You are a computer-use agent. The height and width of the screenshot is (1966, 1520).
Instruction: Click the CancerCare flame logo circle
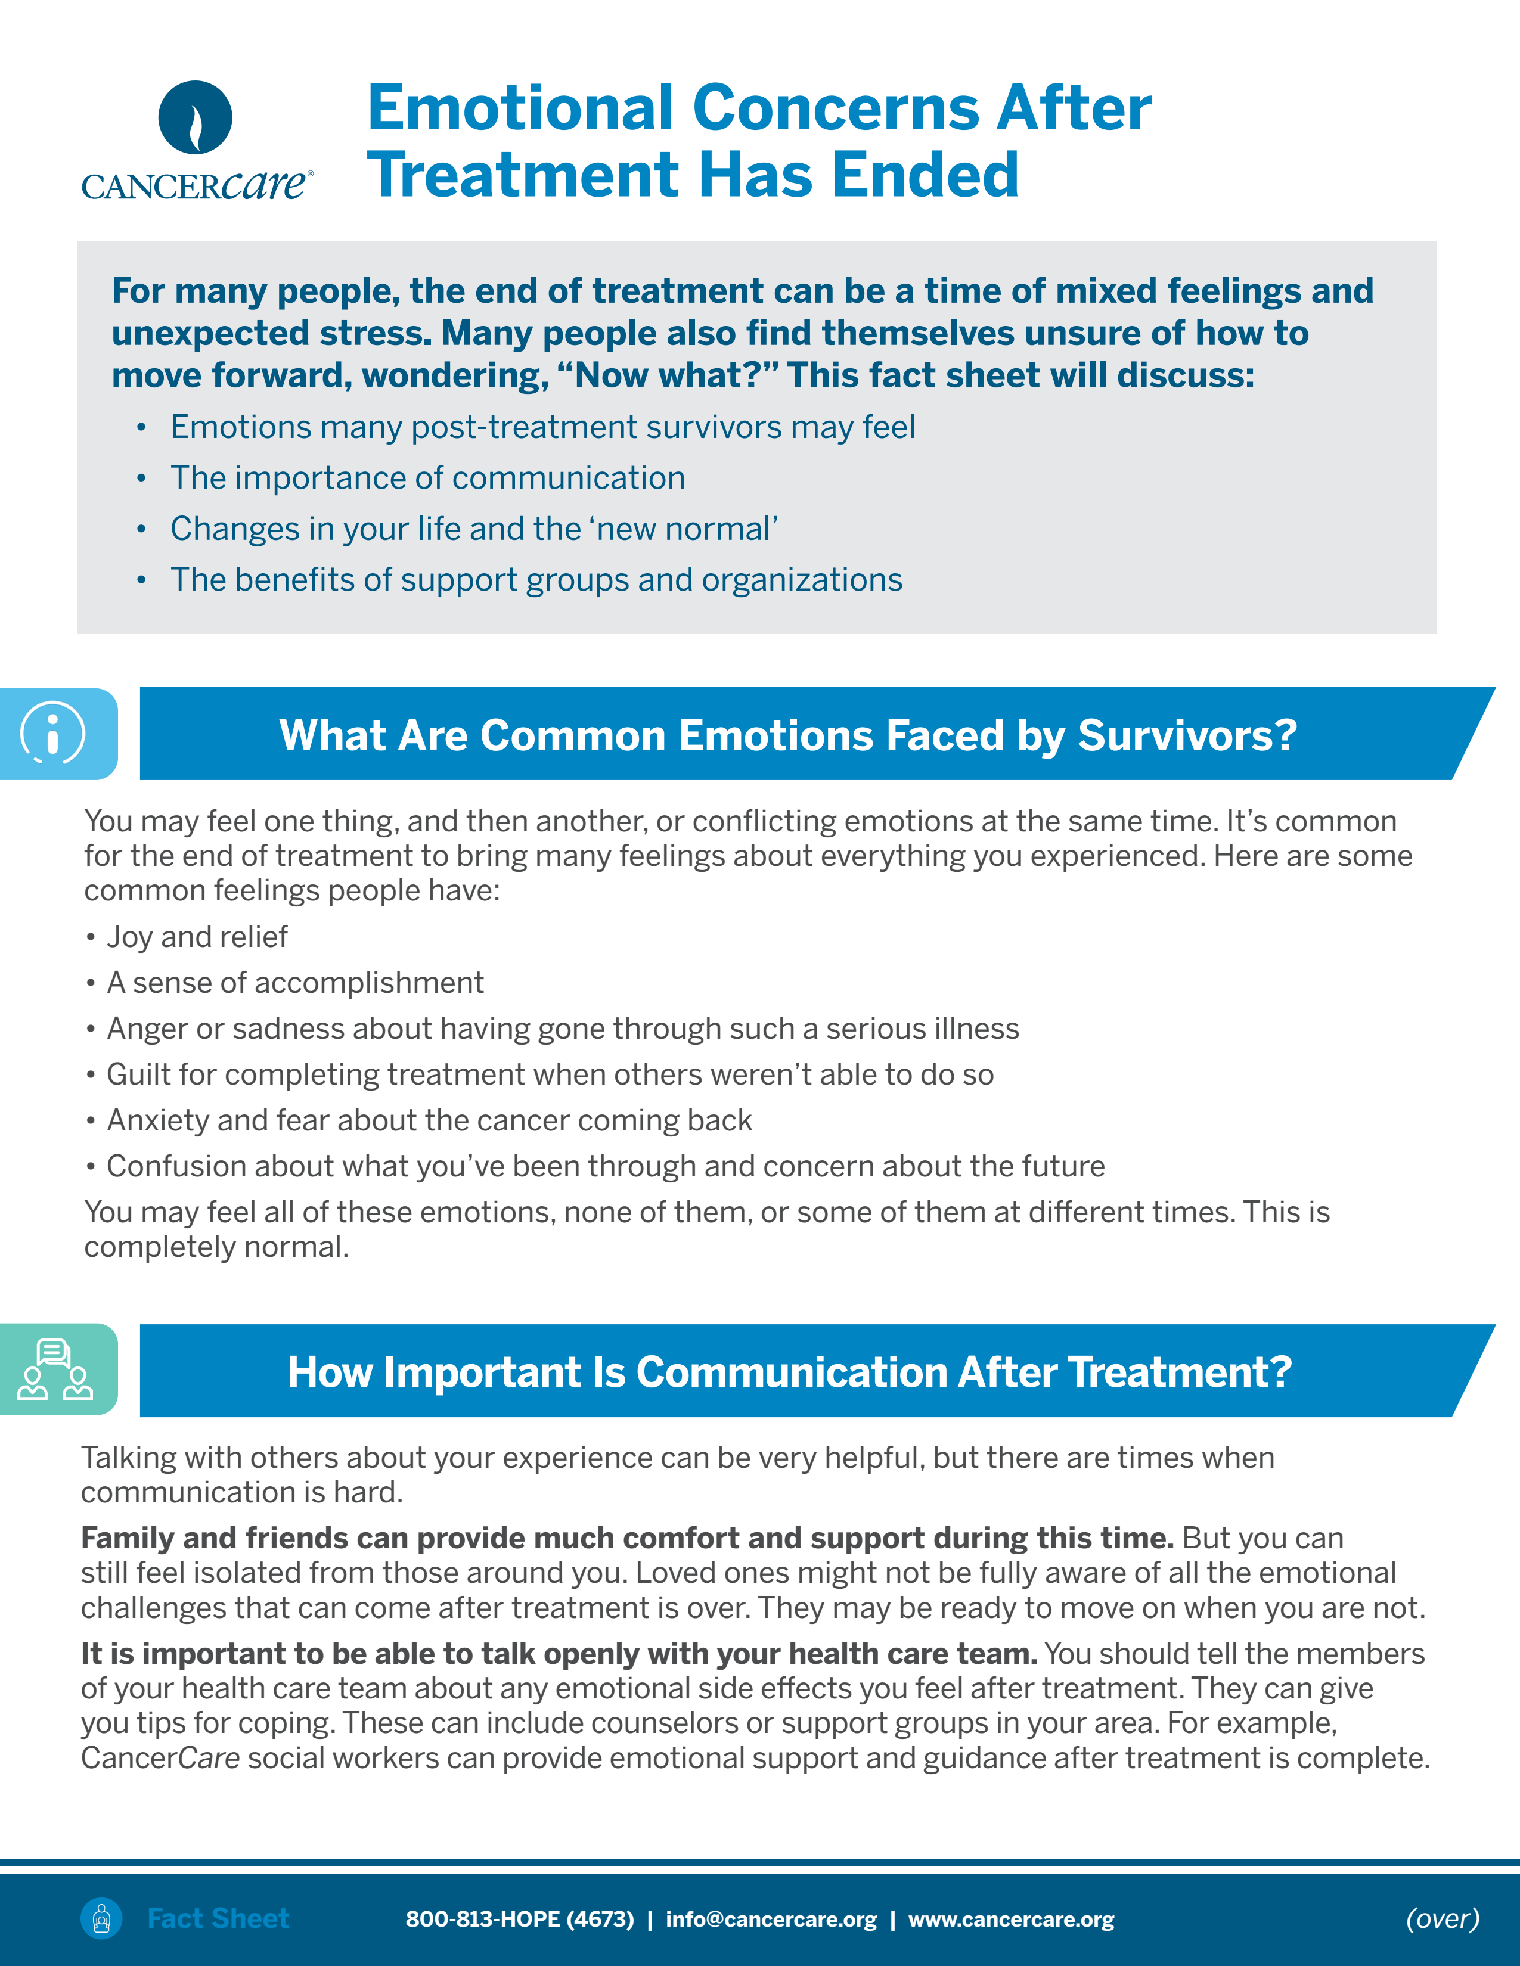click(196, 117)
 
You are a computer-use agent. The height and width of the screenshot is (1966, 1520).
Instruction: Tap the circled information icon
click(53, 733)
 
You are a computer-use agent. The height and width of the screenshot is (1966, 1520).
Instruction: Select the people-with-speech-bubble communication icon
click(55, 1369)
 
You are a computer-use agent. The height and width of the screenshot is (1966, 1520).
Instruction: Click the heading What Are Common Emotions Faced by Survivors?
click(788, 735)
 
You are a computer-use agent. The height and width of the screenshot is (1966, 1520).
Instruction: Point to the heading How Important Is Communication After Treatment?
click(790, 1372)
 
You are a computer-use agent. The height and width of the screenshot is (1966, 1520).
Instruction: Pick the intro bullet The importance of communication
click(428, 477)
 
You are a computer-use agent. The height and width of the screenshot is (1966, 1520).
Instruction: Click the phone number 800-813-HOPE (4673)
click(520, 1918)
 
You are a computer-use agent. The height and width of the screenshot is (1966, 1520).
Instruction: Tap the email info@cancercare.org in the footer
click(771, 1918)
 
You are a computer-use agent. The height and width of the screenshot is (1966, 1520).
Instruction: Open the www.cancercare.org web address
click(1011, 1918)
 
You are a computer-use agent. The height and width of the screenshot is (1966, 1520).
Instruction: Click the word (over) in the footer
click(1443, 1918)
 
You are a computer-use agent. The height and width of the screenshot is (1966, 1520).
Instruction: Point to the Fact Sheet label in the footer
click(218, 1918)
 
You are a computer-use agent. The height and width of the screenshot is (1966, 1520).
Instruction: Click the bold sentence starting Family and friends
click(628, 1538)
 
